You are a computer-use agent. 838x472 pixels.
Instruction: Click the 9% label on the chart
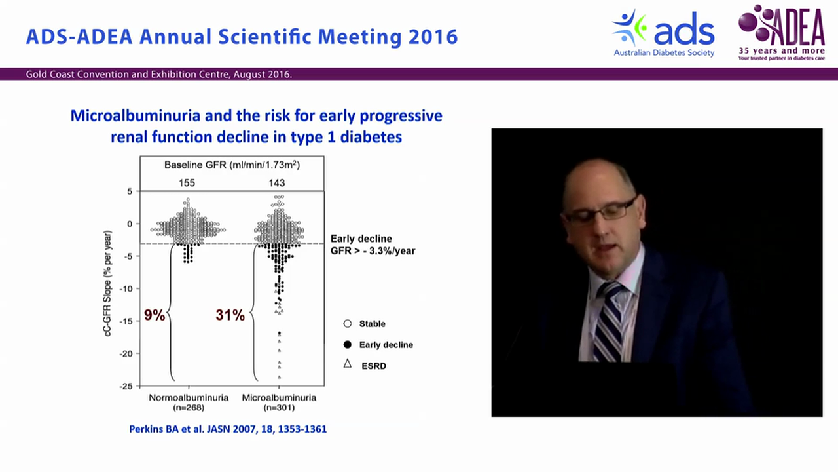[x=155, y=315]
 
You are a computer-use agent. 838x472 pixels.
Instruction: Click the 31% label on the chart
[x=230, y=315]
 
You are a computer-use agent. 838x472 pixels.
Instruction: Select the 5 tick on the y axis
[x=130, y=191]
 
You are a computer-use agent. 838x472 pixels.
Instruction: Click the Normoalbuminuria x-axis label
[x=189, y=398]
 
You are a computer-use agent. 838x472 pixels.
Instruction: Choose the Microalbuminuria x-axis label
[x=279, y=398]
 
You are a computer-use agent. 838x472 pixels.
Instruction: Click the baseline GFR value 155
[x=187, y=183]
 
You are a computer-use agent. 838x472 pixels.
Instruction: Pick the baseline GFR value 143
[x=277, y=183]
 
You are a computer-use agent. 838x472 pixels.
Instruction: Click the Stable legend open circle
[x=348, y=324]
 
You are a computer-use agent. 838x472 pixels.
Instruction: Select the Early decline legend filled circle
[x=348, y=345]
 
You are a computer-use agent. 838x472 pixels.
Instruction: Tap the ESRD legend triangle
[x=348, y=364]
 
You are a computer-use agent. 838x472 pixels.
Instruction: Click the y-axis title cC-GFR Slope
[x=107, y=283]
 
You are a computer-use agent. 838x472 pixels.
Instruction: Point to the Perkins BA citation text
[x=228, y=429]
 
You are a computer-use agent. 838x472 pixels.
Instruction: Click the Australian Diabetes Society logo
[x=663, y=33]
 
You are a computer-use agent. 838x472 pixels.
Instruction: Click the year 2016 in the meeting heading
[x=432, y=37]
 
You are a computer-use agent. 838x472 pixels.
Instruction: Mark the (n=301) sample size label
[x=279, y=408]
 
